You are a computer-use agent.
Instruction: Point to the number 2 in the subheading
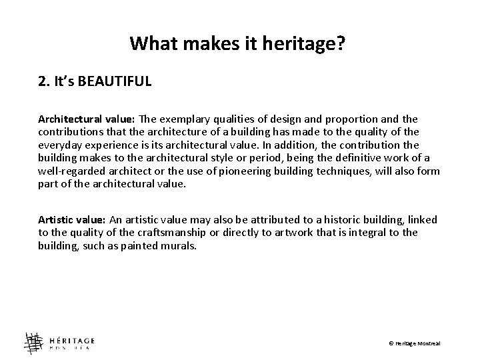42,82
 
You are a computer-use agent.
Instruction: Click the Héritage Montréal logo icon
33,343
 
